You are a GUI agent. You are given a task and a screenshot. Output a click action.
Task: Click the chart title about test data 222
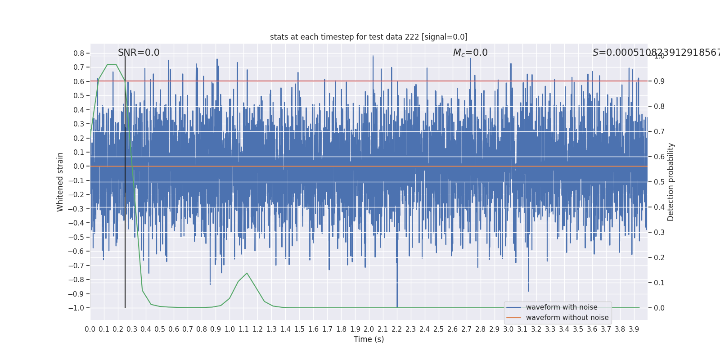pyautogui.click(x=369, y=37)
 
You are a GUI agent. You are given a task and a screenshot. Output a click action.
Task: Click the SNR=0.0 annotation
pyautogui.click(x=139, y=53)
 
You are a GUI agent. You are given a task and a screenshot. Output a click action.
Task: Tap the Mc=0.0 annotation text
pyautogui.click(x=470, y=53)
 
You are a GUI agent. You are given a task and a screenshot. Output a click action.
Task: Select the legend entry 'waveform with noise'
pyautogui.click(x=561, y=307)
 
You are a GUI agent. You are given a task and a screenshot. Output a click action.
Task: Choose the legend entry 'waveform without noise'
pyautogui.click(x=567, y=318)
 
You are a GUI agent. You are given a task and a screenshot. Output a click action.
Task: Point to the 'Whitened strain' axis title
pyautogui.click(x=60, y=182)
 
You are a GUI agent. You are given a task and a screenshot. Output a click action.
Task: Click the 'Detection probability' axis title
pyautogui.click(x=671, y=182)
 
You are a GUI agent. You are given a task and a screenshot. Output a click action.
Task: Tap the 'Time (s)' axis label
pyautogui.click(x=369, y=339)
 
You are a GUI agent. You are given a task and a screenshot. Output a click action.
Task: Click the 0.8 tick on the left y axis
pyautogui.click(x=79, y=53)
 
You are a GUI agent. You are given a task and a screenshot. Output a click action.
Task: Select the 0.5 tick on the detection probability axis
pyautogui.click(x=659, y=182)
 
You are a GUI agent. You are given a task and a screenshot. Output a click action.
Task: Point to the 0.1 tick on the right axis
pyautogui.click(x=659, y=283)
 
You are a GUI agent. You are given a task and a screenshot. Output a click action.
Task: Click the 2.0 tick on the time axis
pyautogui.click(x=369, y=329)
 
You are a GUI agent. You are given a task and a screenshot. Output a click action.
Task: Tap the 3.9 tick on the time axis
pyautogui.click(x=634, y=329)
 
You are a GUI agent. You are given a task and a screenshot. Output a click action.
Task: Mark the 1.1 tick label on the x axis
pyautogui.click(x=243, y=329)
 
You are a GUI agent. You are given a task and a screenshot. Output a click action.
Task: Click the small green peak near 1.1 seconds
pyautogui.click(x=247, y=273)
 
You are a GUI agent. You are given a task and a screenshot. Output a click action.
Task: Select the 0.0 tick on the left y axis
pyautogui.click(x=79, y=166)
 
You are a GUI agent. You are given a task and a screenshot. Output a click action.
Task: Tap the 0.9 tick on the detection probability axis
pyautogui.click(x=659, y=81)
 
